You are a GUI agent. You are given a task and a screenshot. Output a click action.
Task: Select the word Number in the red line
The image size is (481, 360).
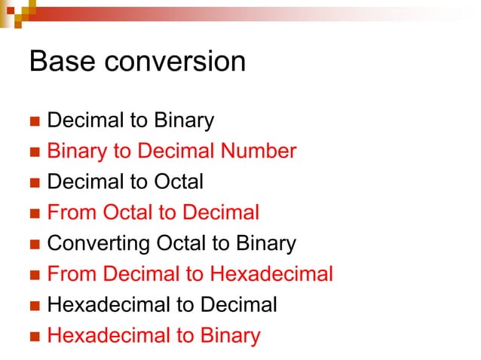[258, 151]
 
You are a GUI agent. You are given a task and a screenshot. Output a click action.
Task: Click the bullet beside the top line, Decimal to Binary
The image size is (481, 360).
[33, 121]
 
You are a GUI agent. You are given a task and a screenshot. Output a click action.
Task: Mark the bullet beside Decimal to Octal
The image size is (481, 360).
[33, 183]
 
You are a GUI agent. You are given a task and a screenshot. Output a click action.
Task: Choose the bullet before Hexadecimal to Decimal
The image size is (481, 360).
[33, 306]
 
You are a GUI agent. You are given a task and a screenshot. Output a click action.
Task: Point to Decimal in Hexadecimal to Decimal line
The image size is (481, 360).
[238, 305]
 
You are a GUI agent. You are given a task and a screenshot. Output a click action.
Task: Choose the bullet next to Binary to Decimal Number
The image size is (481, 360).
[33, 152]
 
